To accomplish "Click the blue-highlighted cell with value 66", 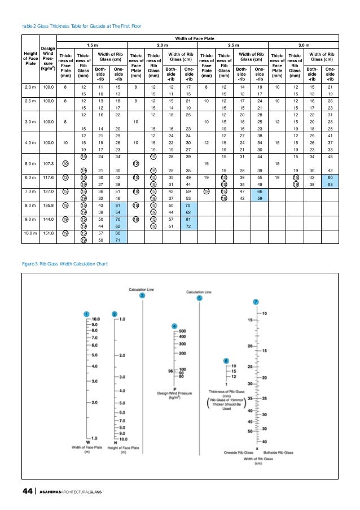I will click(260, 191).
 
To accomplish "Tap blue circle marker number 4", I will click(174, 326).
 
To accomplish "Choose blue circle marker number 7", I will click(256, 302).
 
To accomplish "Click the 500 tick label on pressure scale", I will click(182, 330).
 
